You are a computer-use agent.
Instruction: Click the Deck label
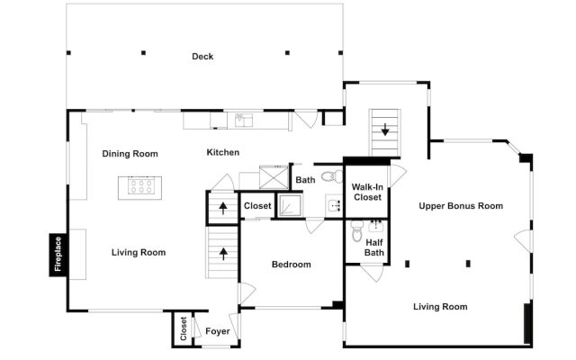[202, 56]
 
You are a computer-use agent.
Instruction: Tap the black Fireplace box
[58, 254]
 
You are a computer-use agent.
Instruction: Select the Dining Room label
[130, 154]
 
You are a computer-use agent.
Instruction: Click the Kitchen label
[223, 152]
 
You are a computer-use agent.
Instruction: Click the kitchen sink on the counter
[244, 120]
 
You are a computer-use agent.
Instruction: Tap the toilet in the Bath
[332, 176]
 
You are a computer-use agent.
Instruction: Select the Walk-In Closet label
[367, 192]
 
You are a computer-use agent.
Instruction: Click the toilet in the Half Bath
[356, 230]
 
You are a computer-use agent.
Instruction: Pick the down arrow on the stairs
[385, 130]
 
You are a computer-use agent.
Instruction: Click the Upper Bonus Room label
[461, 206]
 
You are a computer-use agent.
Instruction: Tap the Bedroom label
[292, 264]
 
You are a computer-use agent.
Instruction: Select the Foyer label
[218, 331]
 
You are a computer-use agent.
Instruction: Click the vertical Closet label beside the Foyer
[184, 328]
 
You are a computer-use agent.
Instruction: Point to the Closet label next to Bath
[257, 206]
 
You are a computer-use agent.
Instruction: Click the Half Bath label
[374, 247]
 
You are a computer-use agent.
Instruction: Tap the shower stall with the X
[274, 177]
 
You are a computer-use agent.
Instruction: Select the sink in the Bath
[334, 206]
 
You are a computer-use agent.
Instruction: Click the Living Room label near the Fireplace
[139, 252]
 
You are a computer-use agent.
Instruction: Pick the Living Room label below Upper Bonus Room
[440, 306]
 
